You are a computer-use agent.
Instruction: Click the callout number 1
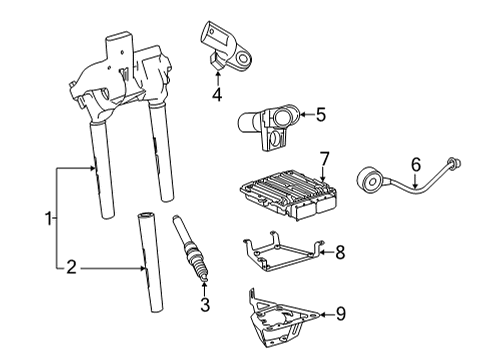point(49,218)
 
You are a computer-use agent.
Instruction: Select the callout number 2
point(71,267)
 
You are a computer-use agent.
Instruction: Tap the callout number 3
point(205,304)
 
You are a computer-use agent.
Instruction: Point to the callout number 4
point(217,94)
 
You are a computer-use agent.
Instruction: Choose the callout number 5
point(320,115)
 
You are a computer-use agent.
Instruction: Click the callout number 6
point(416,165)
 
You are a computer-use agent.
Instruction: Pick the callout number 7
point(324,159)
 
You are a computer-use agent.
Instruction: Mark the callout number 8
point(340,252)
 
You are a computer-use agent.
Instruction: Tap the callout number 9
point(340,314)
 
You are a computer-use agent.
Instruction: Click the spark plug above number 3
point(190,249)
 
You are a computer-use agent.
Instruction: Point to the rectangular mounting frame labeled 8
point(283,252)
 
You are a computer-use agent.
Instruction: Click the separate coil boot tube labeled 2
point(150,263)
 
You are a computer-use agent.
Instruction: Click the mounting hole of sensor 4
point(243,59)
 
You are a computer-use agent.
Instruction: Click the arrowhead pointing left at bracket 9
point(322,314)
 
